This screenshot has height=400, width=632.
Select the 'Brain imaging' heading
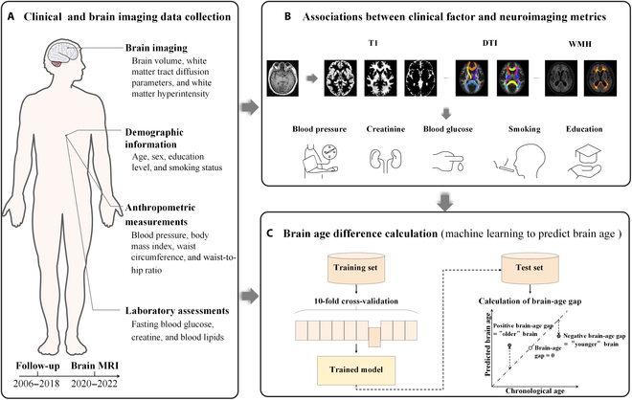(x=156, y=48)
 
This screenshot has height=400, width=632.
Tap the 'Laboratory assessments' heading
(x=177, y=311)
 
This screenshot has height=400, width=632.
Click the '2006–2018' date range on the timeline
(x=36, y=383)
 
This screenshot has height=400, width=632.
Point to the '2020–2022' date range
(x=94, y=383)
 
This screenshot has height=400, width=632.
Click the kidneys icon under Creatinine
(x=385, y=160)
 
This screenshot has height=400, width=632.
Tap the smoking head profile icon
(x=520, y=160)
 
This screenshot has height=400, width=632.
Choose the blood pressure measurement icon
(x=320, y=161)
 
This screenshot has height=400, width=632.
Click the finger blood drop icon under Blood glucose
(x=447, y=161)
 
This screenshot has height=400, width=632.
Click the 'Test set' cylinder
(x=530, y=268)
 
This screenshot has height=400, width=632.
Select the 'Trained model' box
(x=356, y=369)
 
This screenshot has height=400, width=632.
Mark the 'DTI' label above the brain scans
(x=490, y=43)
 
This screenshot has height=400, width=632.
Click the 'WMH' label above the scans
(x=580, y=43)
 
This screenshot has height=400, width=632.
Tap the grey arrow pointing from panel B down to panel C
(x=445, y=202)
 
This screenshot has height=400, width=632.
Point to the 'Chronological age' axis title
(x=535, y=390)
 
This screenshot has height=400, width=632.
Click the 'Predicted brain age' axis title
(x=487, y=344)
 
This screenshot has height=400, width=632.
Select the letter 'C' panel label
(x=271, y=233)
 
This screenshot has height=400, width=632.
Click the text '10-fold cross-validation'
(x=356, y=300)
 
